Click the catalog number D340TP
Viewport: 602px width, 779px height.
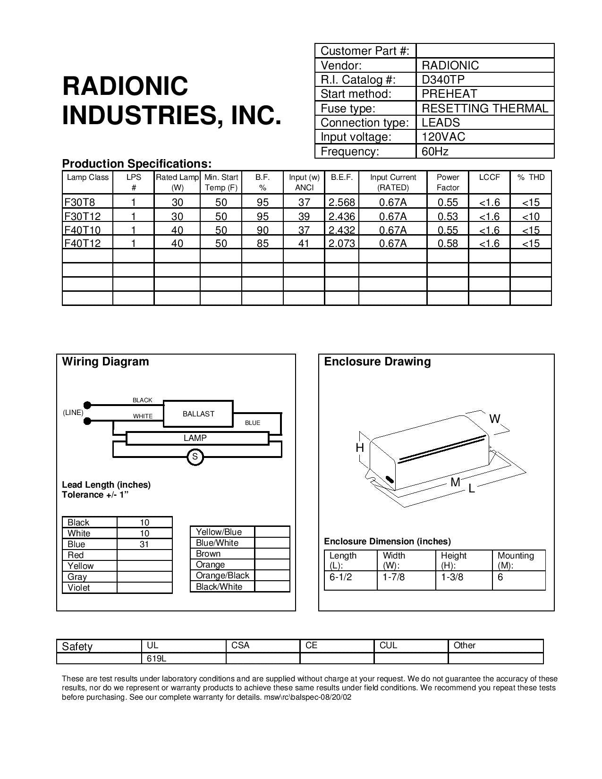pyautogui.click(x=443, y=79)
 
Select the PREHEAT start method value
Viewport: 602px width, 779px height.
pyautogui.click(x=449, y=93)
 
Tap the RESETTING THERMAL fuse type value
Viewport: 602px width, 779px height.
pyautogui.click(x=485, y=108)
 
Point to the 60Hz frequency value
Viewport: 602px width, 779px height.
pyautogui.click(x=435, y=151)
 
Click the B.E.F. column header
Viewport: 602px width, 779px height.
pyautogui.click(x=341, y=178)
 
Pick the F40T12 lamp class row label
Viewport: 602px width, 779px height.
pyautogui.click(x=83, y=243)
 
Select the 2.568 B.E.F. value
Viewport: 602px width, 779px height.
pyautogui.click(x=341, y=203)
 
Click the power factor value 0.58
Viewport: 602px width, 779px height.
pyautogui.click(x=448, y=243)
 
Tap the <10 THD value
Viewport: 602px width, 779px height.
pyautogui.click(x=531, y=217)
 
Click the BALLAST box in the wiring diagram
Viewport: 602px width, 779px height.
pyautogui.click(x=198, y=414)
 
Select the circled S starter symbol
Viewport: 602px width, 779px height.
pyautogui.click(x=195, y=457)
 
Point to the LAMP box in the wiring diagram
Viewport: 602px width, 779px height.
pyautogui.click(x=195, y=438)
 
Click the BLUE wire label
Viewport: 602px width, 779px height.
pyautogui.click(x=253, y=423)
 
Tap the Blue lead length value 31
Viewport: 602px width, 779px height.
pyautogui.click(x=144, y=544)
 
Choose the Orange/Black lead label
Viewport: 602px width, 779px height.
pyautogui.click(x=222, y=576)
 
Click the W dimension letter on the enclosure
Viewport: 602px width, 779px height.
pyautogui.click(x=494, y=419)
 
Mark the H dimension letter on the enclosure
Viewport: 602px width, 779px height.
pyautogui.click(x=360, y=448)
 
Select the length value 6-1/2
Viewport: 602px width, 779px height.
pyautogui.click(x=341, y=577)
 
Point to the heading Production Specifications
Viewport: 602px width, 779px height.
pyautogui.click(x=136, y=164)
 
